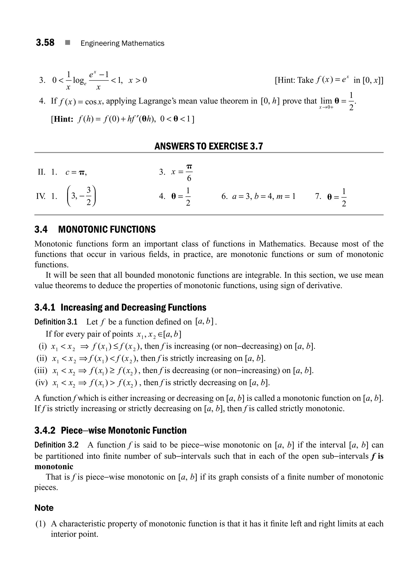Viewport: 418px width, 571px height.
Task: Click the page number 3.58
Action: point(45,42)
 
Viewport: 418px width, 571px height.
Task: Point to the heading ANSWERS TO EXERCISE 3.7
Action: point(209,146)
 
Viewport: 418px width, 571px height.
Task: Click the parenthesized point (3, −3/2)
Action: point(81,196)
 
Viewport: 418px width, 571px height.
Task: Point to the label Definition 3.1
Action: point(56,322)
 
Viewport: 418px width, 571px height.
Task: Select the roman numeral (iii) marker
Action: point(41,371)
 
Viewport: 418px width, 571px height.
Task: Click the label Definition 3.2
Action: point(56,445)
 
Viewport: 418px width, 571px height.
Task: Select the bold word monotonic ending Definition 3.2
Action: point(54,466)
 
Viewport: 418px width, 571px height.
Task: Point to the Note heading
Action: point(44,508)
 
